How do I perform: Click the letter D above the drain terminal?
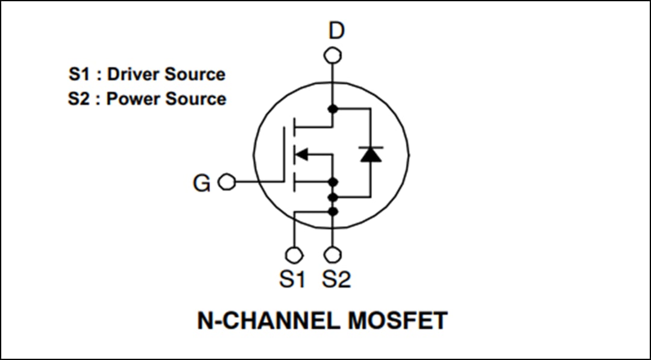tap(336, 30)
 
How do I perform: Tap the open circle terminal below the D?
tap(332, 55)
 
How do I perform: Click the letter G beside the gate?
tap(201, 183)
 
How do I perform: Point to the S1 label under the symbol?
tap(292, 279)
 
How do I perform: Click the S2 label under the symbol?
tap(336, 279)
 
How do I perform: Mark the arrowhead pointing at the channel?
tap(301, 154)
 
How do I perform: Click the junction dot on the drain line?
tap(332, 109)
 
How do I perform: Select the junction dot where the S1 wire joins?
tap(332, 210)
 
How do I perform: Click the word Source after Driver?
tap(194, 74)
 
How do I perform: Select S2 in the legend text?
tap(78, 99)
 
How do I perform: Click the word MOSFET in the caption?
tap(398, 320)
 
